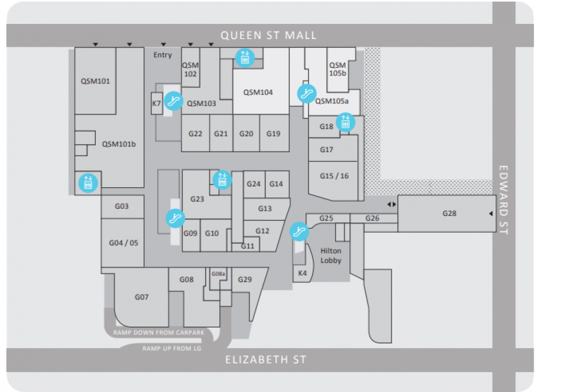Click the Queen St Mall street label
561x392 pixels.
[x=268, y=36]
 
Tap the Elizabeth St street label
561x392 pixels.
[x=266, y=359]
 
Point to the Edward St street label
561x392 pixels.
[x=503, y=200]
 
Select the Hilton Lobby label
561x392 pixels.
[x=331, y=256]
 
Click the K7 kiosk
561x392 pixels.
[x=157, y=103]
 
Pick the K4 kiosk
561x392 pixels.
[x=302, y=274]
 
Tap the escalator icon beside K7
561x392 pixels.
[x=174, y=101]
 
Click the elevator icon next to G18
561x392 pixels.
[x=345, y=123]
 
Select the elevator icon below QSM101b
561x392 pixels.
[x=88, y=183]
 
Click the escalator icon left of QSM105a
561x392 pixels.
[x=307, y=93]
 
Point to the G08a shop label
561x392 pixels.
[x=218, y=274]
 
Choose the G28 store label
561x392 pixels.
[x=449, y=213]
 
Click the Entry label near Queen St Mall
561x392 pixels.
[x=163, y=55]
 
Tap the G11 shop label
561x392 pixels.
[x=248, y=246]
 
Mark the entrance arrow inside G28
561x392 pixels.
[x=491, y=213]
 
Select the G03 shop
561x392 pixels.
[x=123, y=206]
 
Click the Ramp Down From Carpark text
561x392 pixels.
[x=159, y=332]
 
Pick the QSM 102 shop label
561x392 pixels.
[x=191, y=69]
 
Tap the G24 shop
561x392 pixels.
[x=254, y=184]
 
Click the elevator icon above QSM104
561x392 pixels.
[x=245, y=58]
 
